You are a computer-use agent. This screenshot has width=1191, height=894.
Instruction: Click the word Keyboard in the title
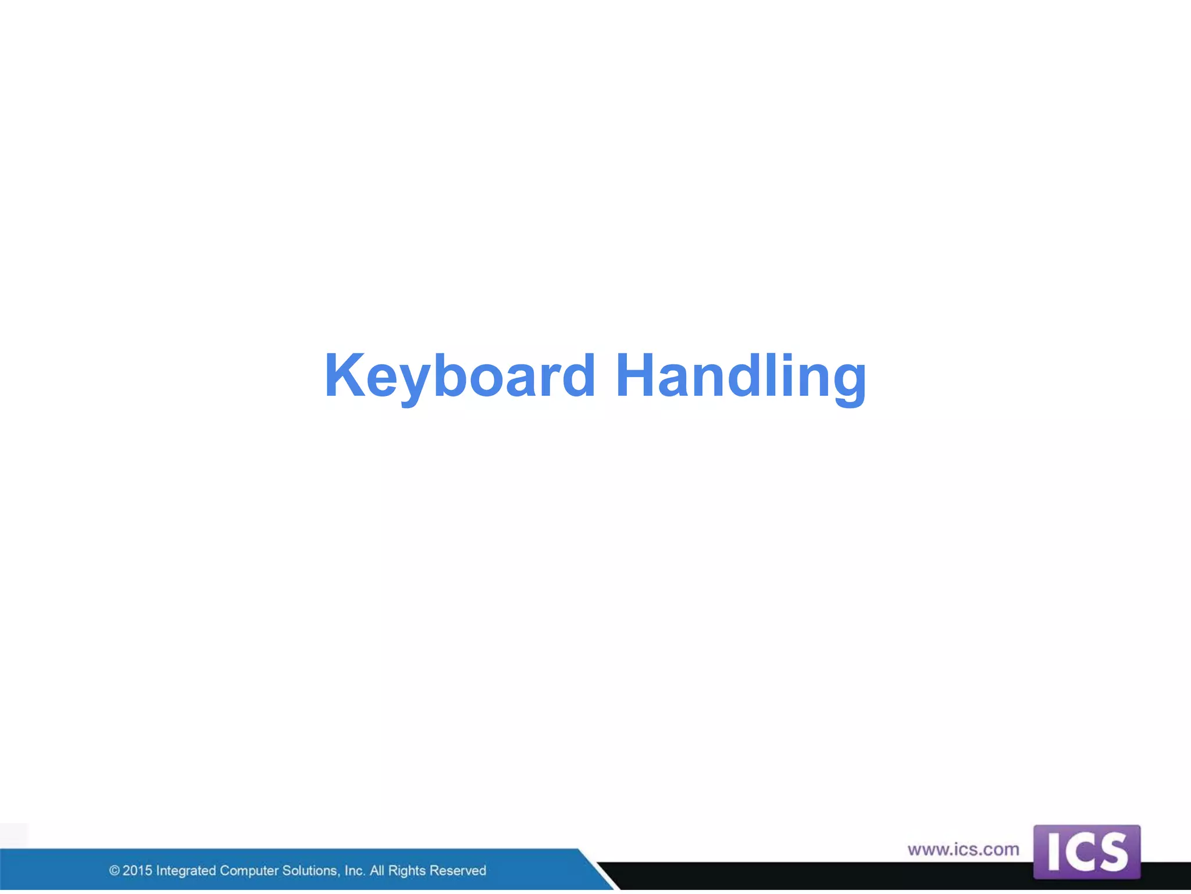460,376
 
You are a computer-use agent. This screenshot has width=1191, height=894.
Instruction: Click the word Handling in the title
741,376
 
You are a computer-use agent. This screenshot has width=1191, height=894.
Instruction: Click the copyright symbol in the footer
115,871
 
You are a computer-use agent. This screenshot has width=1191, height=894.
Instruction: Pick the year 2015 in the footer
137,871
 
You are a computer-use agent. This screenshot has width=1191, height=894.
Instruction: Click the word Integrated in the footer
186,871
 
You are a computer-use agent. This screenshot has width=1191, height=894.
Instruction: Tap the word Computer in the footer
249,871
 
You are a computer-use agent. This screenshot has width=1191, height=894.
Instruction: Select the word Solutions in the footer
311,871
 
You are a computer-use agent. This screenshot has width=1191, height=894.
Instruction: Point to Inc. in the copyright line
355,871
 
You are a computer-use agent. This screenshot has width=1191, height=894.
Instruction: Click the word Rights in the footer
407,871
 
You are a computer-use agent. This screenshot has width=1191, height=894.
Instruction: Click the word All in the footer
377,871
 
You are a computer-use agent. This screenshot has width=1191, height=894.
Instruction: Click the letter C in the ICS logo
1079,853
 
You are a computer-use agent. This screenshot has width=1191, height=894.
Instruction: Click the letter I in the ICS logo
1053,853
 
